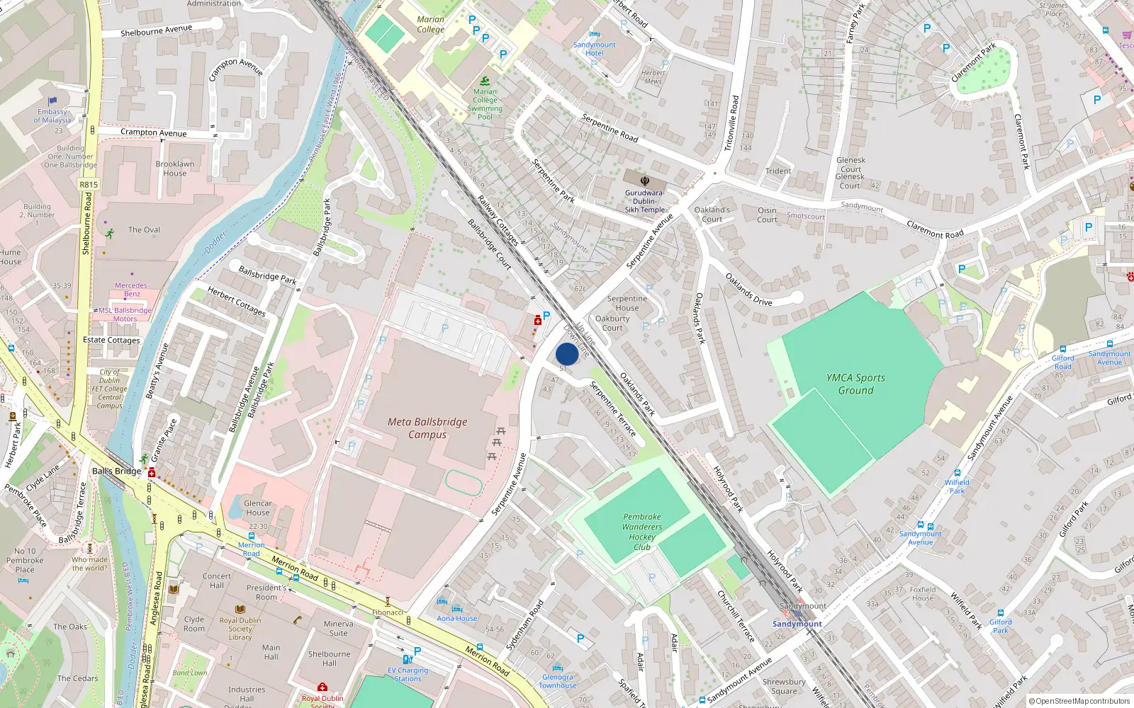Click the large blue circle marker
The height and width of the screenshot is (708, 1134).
[567, 354]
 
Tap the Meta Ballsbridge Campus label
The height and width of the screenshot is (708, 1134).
[427, 428]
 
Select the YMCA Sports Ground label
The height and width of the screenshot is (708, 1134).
[855, 384]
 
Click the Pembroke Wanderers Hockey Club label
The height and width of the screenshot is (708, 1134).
[642, 532]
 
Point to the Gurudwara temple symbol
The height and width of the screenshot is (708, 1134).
[645, 181]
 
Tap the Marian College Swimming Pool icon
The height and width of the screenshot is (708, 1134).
[485, 81]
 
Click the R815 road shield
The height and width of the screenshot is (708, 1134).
[89, 185]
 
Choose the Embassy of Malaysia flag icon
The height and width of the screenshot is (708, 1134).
[52, 101]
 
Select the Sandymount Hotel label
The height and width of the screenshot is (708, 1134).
[595, 49]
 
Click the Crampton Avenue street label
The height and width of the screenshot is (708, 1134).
[154, 132]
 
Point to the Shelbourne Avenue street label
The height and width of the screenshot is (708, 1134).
[156, 30]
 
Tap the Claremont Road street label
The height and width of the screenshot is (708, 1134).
[935, 229]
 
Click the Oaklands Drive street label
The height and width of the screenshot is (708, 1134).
[748, 290]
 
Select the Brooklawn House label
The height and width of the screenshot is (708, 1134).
[175, 169]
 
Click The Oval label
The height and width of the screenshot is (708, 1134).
[144, 229]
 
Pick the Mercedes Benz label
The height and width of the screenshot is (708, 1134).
[131, 290]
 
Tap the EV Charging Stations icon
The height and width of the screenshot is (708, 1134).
[408, 659]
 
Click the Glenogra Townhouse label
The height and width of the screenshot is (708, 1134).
[558, 681]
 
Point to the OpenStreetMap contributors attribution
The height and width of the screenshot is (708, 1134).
[1079, 701]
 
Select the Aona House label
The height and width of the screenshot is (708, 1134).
[457, 618]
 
